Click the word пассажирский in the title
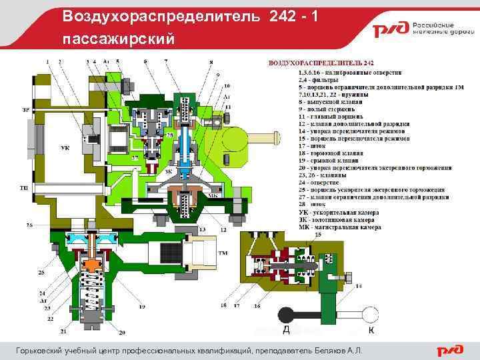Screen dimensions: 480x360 click(120, 39)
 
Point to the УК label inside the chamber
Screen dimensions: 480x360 click(65, 147)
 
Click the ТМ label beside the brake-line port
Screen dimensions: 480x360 click(223, 253)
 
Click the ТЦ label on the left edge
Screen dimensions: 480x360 click(25, 189)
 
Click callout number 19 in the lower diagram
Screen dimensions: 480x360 click(142, 307)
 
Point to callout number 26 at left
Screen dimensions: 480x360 click(29, 225)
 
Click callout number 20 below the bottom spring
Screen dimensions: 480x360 click(122, 332)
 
